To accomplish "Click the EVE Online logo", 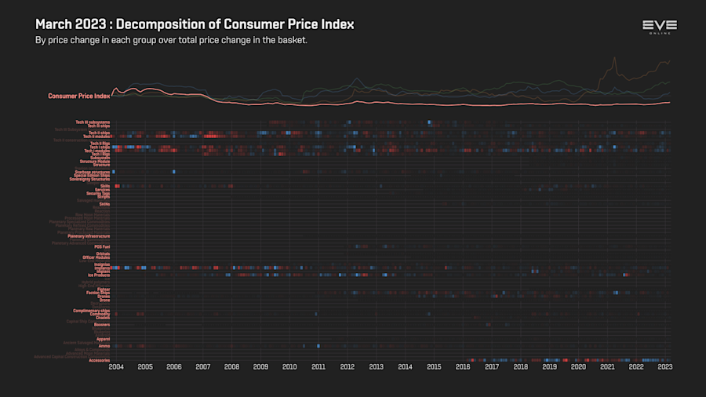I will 659,27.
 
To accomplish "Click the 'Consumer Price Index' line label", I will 78,96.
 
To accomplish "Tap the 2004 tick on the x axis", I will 116,366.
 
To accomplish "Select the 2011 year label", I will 318,366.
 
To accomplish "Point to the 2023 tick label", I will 664,366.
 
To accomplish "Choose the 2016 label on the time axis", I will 463,366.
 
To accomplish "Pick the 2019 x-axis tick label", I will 549,366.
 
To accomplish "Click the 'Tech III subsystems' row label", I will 93,122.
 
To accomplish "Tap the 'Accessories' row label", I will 100,360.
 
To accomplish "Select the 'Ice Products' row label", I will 98,275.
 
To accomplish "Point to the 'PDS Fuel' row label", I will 102,246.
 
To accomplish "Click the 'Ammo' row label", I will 104,346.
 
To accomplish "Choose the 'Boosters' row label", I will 101,325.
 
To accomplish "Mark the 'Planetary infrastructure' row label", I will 89,236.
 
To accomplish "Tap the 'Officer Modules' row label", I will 96,257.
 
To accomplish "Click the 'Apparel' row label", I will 103,339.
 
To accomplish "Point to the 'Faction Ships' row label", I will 98,293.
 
